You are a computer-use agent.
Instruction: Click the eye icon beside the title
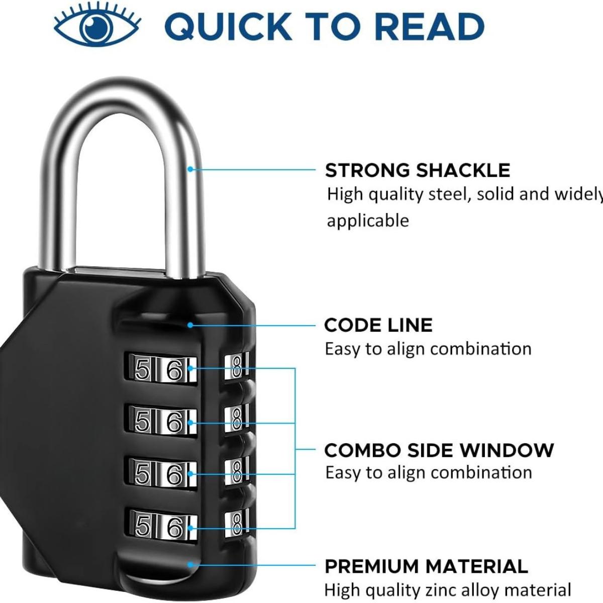point(97,26)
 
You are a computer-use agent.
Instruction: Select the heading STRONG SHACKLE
point(417,170)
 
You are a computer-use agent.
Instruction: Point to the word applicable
point(368,221)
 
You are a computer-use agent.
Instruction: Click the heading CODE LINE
point(378,325)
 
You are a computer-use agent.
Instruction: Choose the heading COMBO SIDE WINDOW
point(439,450)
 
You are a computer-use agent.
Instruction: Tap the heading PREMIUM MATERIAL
point(426,566)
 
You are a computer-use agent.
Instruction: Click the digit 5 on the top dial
point(142,371)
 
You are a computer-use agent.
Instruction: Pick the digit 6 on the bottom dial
point(174,527)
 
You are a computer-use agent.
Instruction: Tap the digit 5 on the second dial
point(142,423)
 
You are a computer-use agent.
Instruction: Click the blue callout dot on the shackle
point(190,169)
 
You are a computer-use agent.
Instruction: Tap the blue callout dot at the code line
point(190,325)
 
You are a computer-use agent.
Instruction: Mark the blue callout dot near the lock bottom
point(190,564)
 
